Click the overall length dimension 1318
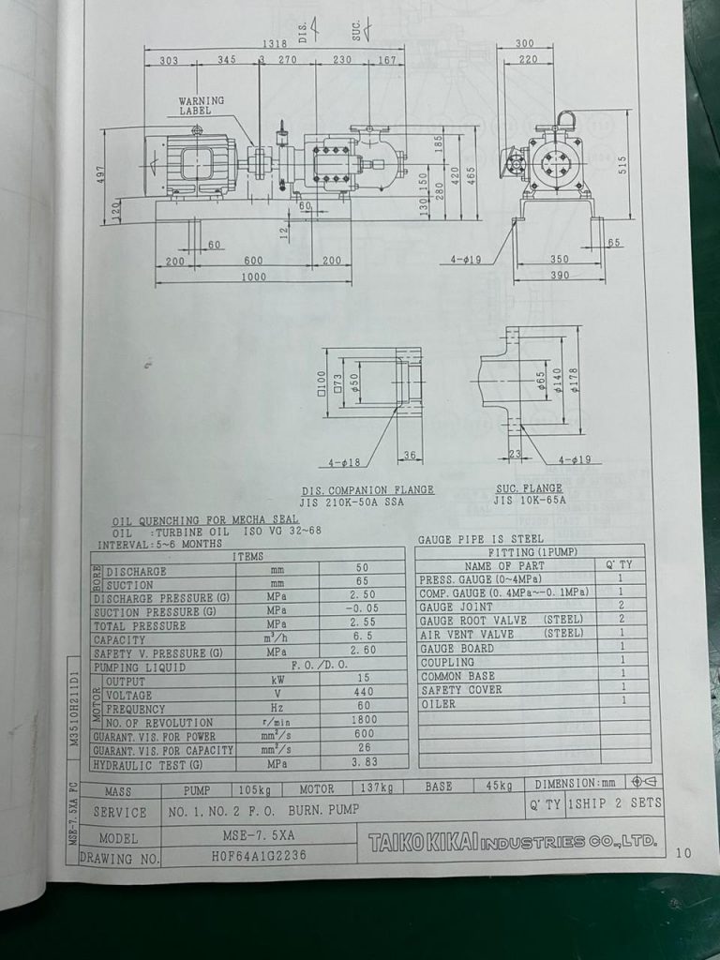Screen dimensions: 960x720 [274, 44]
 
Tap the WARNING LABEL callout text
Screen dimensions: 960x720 [202, 105]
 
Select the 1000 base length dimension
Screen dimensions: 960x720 [253, 277]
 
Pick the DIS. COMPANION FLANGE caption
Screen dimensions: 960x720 [367, 489]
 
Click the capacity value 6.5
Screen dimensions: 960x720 [363, 638]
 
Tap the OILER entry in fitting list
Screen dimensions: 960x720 [438, 703]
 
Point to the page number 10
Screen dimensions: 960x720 [682, 853]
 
